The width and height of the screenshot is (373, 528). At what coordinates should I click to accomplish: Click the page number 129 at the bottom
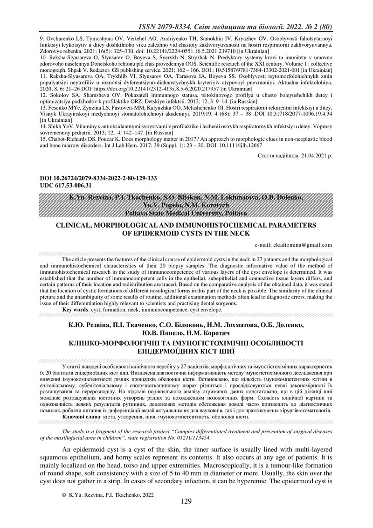pyautogui.click(x=186, y=501)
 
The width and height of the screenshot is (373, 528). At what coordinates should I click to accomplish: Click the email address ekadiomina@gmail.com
pyautogui.click(x=293, y=244)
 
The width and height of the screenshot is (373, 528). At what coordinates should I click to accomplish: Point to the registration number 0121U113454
pyautogui.click(x=191, y=438)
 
